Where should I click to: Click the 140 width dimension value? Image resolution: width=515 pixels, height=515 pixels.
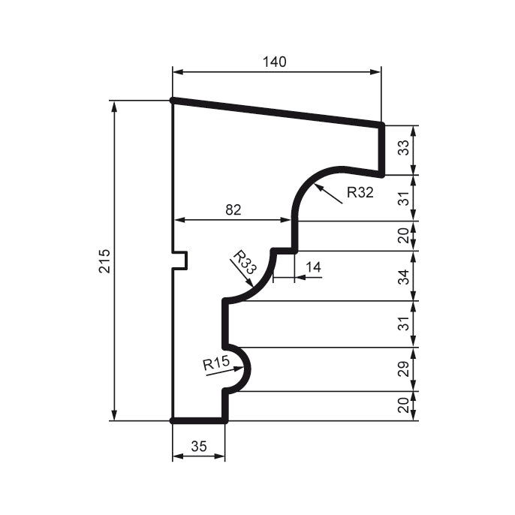(x=275, y=62)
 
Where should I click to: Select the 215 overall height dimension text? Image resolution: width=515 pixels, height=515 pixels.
(x=104, y=261)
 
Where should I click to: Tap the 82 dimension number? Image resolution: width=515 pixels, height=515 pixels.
(x=233, y=210)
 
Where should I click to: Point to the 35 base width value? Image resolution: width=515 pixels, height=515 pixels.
(x=198, y=446)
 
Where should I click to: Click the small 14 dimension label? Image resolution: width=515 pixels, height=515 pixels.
(x=313, y=267)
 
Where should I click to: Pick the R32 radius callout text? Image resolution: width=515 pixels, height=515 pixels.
(x=360, y=192)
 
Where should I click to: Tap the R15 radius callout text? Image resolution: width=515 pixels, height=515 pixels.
(x=215, y=365)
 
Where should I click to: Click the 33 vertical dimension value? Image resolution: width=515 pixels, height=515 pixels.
(x=404, y=149)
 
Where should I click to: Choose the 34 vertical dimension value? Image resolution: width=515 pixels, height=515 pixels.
(x=404, y=276)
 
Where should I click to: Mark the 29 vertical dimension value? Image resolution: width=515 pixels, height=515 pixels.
(x=404, y=369)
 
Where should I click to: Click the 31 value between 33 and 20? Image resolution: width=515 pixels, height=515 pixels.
(x=404, y=198)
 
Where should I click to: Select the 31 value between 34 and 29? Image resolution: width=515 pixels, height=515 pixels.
(x=404, y=324)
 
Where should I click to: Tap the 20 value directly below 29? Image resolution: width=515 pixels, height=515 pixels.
(x=404, y=406)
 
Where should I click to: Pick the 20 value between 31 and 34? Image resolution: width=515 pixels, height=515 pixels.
(x=404, y=236)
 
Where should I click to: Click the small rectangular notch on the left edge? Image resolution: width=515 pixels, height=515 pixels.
(x=180, y=260)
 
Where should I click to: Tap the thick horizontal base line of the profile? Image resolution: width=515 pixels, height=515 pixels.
(x=199, y=421)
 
